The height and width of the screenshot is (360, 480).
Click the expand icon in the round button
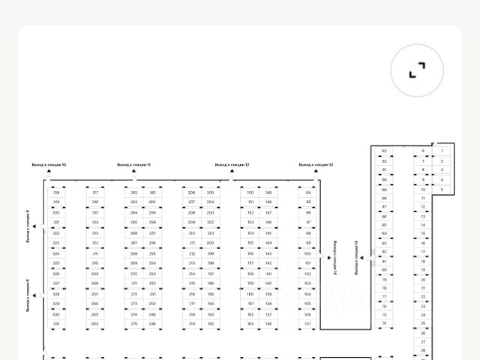click(x=417, y=70)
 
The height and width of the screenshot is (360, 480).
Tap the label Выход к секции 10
click(x=49, y=164)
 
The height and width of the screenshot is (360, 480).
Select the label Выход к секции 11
click(x=133, y=164)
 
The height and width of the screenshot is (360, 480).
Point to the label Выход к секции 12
click(x=232, y=164)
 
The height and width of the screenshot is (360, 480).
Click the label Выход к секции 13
click(x=316, y=164)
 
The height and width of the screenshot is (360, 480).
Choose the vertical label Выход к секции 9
click(x=28, y=226)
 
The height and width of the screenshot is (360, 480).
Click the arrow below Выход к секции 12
click(x=232, y=172)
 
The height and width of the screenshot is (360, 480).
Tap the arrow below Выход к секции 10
click(x=49, y=172)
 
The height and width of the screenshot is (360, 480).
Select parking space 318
click(x=56, y=193)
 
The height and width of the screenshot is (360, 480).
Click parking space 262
click(x=134, y=193)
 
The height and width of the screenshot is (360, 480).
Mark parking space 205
click(x=210, y=193)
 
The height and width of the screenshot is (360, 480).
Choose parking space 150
click(x=250, y=193)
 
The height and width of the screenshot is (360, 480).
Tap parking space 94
click(x=307, y=193)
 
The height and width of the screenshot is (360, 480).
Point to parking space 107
click(x=307, y=324)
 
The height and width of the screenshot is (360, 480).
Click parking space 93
click(x=384, y=151)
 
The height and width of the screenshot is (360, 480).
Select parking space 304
click(x=94, y=324)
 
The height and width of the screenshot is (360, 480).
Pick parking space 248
click(x=152, y=324)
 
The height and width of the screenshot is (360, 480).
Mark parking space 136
click(x=268, y=324)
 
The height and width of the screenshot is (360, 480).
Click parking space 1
click(x=442, y=151)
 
